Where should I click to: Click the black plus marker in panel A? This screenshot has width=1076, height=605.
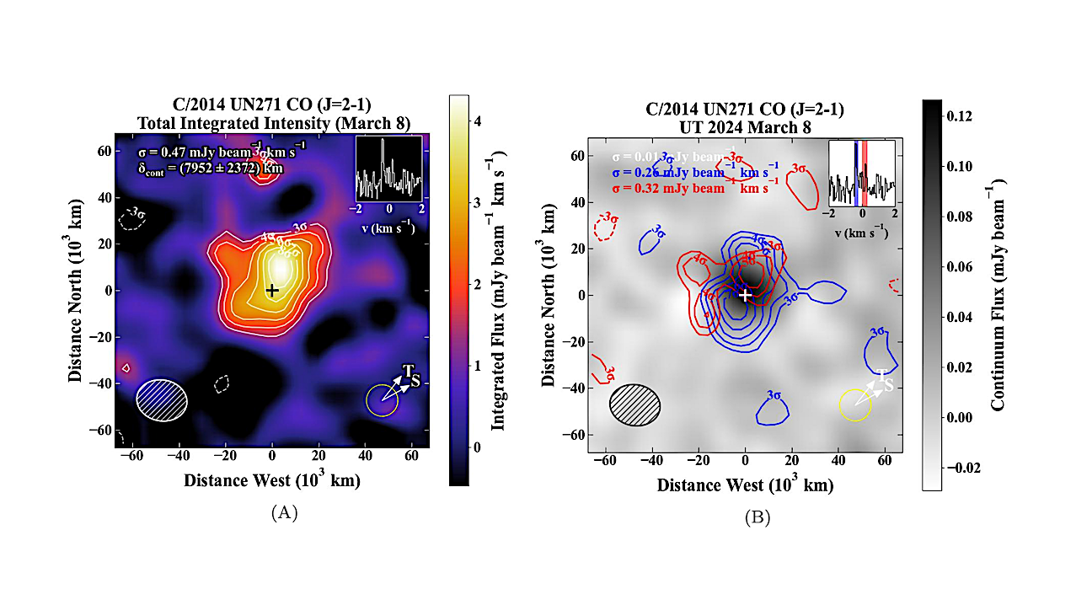click(271, 290)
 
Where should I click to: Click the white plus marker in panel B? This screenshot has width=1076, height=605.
click(745, 295)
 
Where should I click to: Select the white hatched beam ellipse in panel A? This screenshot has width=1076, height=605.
click(162, 399)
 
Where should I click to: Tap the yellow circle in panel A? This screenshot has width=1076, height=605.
click(382, 400)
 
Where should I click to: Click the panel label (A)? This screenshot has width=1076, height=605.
click(283, 512)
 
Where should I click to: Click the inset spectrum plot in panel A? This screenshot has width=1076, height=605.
click(388, 169)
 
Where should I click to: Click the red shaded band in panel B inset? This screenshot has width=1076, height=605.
click(865, 173)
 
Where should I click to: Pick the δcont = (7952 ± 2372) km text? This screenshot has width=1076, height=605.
click(211, 168)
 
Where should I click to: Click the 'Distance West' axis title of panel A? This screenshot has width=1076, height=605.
click(271, 481)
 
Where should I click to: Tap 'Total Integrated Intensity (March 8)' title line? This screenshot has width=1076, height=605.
click(271, 123)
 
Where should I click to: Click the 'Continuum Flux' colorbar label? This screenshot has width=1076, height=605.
click(998, 295)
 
